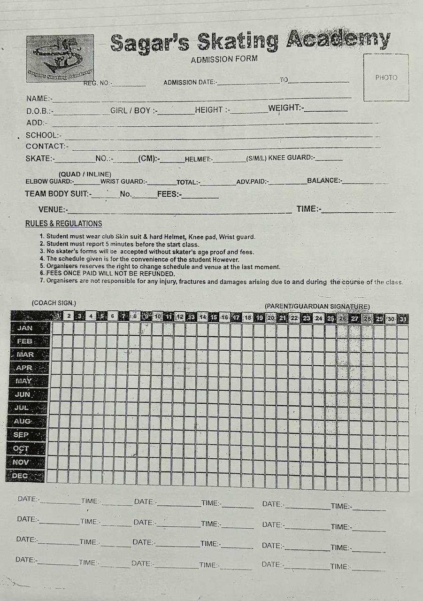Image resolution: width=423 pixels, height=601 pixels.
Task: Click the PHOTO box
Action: tap(386, 77)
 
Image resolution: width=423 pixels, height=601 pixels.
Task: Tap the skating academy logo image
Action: tap(60, 58)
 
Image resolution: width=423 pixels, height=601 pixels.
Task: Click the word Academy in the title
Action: tap(338, 40)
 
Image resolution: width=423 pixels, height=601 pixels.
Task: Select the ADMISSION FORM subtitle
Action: tap(224, 60)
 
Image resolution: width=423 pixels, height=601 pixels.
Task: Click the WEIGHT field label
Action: tap(286, 108)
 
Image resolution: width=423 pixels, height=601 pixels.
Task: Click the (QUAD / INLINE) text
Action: tap(85, 174)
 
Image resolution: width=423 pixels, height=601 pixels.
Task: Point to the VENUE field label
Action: tap(53, 209)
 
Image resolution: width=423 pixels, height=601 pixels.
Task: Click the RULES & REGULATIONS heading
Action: tap(63, 224)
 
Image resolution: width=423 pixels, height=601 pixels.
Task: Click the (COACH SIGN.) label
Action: tap(54, 303)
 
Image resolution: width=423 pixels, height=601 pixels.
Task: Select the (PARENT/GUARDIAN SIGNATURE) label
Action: tap(317, 307)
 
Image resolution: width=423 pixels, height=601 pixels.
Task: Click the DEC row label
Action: tap(20, 476)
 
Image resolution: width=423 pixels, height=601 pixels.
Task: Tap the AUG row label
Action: tap(23, 421)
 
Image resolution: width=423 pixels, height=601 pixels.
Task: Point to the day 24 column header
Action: tap(319, 318)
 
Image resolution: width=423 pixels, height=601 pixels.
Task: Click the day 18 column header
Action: tap(248, 317)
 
